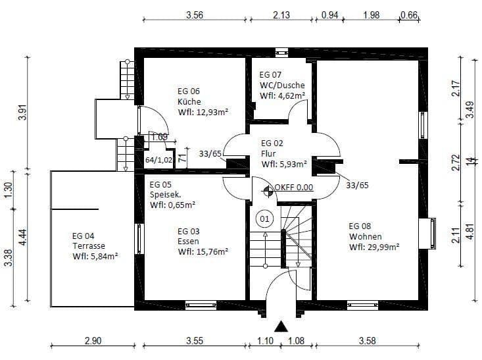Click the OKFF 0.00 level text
[294, 187]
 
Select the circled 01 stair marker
[264, 217]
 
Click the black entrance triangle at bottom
[281, 326]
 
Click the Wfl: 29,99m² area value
[374, 247]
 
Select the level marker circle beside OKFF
[268, 192]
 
